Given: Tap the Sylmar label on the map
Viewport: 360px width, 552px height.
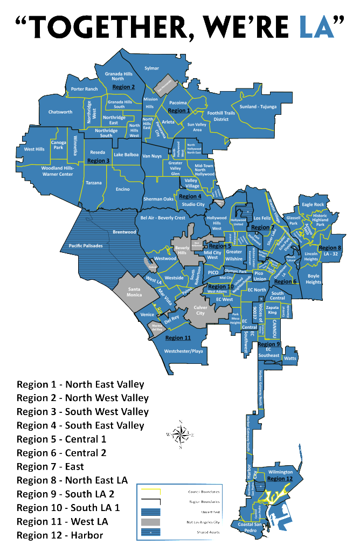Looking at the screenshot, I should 153,68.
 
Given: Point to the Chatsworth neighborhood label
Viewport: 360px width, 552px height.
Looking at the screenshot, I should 60,112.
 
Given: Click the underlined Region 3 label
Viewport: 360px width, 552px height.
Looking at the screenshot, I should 98,161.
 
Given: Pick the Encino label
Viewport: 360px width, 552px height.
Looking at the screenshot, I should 122,189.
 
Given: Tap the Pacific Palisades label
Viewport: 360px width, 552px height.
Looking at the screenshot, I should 86,246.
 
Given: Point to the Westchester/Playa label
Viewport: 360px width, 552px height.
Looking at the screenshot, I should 183,351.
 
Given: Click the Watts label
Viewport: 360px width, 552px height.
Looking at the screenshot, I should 290,358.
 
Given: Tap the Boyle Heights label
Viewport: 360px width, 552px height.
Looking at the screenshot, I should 313,279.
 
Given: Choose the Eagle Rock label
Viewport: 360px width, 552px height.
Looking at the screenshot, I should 313,204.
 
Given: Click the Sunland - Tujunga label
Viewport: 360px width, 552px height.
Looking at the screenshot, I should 258,107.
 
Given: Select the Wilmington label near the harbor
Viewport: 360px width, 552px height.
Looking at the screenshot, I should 280,472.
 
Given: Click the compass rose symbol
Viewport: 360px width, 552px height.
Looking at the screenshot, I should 181,434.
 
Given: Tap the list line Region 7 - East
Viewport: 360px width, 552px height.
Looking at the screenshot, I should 50,466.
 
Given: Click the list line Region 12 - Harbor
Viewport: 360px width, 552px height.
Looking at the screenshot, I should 59,535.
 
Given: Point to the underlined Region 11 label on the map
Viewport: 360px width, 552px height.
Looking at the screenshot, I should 178,338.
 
